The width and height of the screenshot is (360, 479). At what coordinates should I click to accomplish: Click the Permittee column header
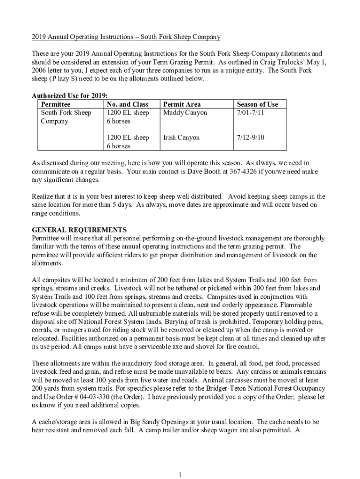(56, 104)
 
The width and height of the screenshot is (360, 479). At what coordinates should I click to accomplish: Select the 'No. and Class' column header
(127, 104)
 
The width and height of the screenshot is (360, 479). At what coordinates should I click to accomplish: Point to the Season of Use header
(257, 104)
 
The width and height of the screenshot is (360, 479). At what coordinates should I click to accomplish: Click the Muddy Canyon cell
(185, 113)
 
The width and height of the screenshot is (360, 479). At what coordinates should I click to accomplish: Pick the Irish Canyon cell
(181, 138)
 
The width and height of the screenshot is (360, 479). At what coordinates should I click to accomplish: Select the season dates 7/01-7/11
(251, 113)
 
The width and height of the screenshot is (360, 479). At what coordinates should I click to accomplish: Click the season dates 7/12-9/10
(251, 138)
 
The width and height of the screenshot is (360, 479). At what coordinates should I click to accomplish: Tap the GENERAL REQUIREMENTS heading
(79, 230)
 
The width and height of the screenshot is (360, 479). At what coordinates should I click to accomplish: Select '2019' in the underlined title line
(40, 36)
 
